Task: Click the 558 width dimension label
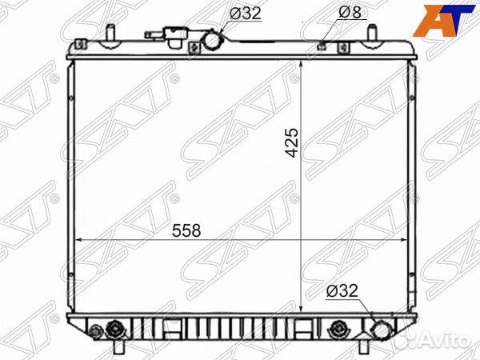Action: (186, 230)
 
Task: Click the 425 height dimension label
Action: (292, 142)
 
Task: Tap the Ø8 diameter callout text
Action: (350, 12)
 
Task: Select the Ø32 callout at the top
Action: (246, 13)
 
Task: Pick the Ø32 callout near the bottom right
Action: (342, 290)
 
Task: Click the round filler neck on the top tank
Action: (213, 40)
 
